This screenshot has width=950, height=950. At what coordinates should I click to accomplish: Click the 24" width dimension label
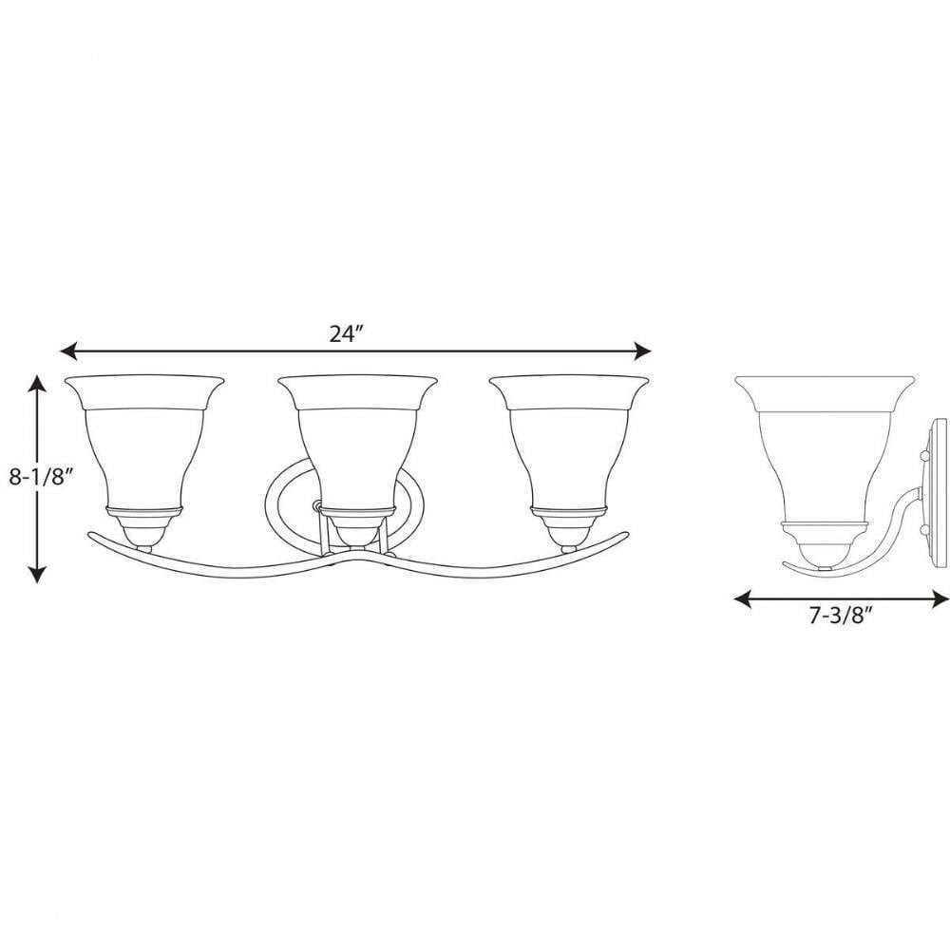pyautogui.click(x=346, y=333)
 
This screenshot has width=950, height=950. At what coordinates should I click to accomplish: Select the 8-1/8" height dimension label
pyautogui.click(x=41, y=477)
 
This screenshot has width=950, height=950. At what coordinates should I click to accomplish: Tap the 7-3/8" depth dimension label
pyautogui.click(x=841, y=617)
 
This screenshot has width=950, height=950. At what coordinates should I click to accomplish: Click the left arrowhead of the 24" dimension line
pyautogui.click(x=67, y=351)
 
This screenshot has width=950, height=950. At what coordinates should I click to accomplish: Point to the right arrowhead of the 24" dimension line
pyautogui.click(x=643, y=351)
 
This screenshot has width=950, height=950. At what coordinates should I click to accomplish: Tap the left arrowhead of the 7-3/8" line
pyautogui.click(x=742, y=599)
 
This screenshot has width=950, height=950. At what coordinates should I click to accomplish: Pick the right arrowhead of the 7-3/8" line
pyautogui.click(x=940, y=599)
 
